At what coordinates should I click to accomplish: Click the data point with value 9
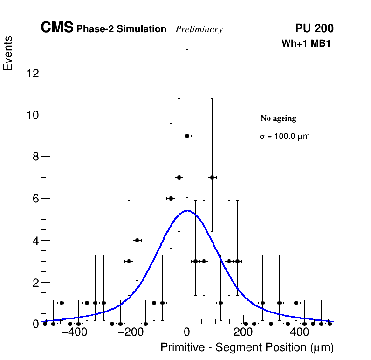187,136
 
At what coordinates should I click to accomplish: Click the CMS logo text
57,28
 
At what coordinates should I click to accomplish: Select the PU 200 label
314,28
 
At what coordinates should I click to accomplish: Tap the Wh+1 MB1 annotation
306,43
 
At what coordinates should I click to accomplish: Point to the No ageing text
278,118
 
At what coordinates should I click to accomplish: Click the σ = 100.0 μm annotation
284,137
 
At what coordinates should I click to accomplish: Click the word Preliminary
199,29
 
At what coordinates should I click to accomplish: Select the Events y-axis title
8,53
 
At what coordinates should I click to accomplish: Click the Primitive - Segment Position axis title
247,347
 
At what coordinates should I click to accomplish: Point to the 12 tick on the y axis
33,73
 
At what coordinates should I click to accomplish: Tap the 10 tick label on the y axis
33,115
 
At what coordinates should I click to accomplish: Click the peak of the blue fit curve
187,210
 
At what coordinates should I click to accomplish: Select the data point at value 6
171,198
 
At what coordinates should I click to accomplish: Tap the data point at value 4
137,240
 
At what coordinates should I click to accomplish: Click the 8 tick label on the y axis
35,157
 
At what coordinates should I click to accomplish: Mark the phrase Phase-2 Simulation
121,29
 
